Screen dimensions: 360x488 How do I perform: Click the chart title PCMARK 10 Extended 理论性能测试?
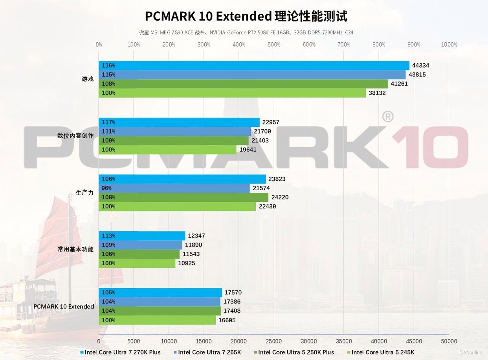pyautogui.click(x=246, y=16)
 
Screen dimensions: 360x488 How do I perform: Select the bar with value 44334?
pyautogui.click(x=254, y=66)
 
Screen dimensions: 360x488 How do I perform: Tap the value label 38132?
pyautogui.click(x=377, y=93)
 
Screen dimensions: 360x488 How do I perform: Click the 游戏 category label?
pyautogui.click(x=88, y=79)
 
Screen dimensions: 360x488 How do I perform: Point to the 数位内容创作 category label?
pyautogui.click(x=75, y=136)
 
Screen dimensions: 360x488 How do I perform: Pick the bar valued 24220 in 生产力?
pyautogui.click(x=183, y=197)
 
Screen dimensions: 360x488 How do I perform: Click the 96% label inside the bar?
pyautogui.click(x=106, y=188)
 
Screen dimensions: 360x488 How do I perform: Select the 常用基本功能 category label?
pyautogui.click(x=75, y=249)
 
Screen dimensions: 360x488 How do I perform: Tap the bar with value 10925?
pyautogui.click(x=137, y=263)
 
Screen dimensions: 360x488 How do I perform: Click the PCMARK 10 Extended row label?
pyautogui.click(x=64, y=307)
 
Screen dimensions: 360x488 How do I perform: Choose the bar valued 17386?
pyautogui.click(x=160, y=302)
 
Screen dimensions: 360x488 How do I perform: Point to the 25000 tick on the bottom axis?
pyautogui.click(x=273, y=341)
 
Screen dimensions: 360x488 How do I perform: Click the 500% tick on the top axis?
pyautogui.click(x=274, y=44)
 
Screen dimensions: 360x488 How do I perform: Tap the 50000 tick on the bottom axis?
pyautogui.click(x=449, y=341)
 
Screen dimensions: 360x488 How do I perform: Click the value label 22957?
pyautogui.click(x=271, y=122)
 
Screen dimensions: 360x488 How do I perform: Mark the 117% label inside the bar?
pyautogui.click(x=108, y=122)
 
